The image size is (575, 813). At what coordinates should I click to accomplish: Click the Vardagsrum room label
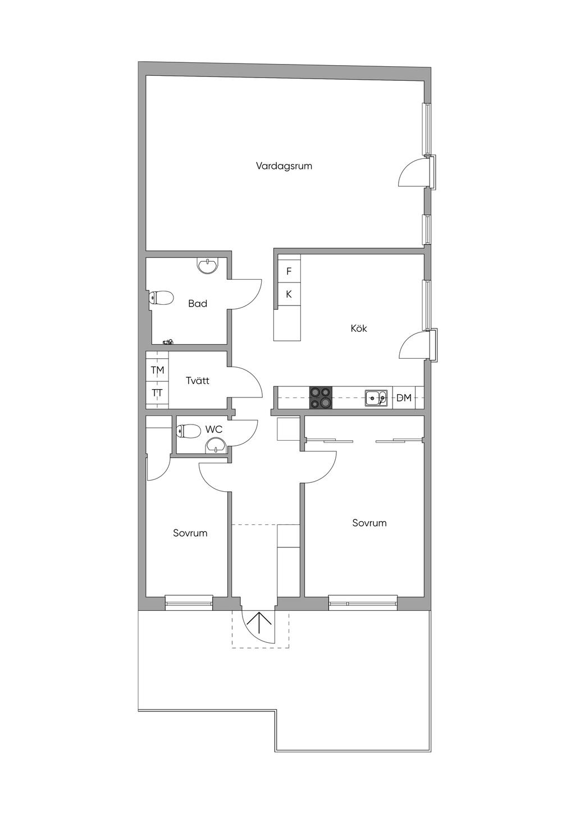tap(284, 167)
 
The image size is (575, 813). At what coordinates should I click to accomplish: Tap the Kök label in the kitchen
tap(359, 328)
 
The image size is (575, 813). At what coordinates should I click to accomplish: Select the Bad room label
tap(198, 303)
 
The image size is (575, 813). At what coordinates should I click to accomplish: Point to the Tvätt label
tap(198, 381)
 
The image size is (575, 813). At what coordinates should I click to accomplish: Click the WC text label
tap(214, 430)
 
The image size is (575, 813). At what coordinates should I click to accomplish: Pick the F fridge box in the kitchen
tap(289, 271)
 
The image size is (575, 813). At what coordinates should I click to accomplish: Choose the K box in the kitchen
tap(289, 294)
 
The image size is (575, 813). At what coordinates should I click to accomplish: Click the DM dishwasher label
tap(404, 398)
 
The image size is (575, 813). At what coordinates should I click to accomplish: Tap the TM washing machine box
tap(158, 370)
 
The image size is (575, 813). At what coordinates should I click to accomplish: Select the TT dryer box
tap(158, 392)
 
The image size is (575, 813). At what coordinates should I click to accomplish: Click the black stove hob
tap(321, 398)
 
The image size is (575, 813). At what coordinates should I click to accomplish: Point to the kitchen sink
tap(376, 398)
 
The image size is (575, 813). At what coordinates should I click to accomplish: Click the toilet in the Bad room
tap(161, 298)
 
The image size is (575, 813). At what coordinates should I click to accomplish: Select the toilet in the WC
tap(189, 431)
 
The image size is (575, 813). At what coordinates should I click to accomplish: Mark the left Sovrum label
tap(190, 533)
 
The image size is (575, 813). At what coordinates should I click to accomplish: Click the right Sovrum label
tap(369, 523)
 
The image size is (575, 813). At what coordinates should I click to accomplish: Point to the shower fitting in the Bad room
tap(168, 341)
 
